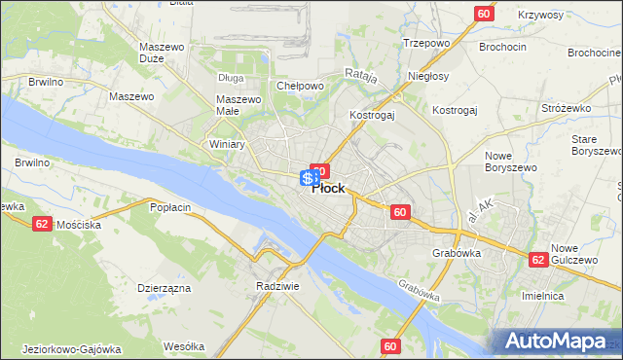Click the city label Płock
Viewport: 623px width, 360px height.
328,189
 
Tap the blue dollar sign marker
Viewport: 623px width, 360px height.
307,178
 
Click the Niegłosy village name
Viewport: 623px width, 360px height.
428,76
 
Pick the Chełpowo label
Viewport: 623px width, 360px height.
300,86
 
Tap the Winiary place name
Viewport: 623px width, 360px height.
227,144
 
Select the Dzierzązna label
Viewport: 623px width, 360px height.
164,288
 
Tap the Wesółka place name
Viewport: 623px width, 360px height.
184,345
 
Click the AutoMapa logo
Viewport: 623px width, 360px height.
556,342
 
